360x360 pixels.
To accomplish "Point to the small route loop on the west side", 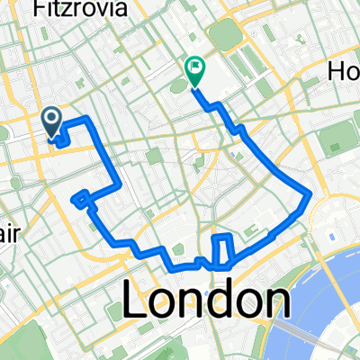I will tap(82, 200).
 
